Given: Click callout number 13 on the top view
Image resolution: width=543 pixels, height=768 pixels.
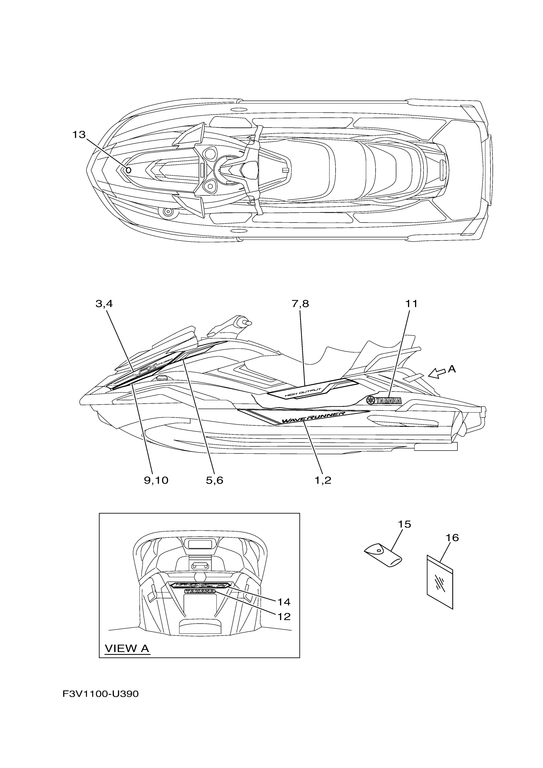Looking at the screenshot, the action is (x=79, y=135).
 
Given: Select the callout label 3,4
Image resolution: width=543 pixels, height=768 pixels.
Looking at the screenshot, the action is (x=104, y=304).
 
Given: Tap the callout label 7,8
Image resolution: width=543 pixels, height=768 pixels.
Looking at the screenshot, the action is (x=300, y=304).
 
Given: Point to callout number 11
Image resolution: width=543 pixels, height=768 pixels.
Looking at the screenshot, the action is (x=411, y=304).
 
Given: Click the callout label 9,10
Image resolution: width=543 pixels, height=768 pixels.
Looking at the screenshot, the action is (x=156, y=480).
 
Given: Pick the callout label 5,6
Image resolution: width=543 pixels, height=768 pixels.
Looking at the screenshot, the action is (x=214, y=480).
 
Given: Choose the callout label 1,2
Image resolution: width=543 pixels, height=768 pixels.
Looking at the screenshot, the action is (x=323, y=480).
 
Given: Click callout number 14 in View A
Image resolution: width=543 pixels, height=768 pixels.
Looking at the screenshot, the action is (x=284, y=602).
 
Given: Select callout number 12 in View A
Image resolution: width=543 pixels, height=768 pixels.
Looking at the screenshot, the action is (x=284, y=616).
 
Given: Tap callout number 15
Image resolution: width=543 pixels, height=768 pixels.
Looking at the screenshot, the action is (x=404, y=524).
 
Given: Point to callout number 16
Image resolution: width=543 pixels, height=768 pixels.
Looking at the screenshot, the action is (x=452, y=538).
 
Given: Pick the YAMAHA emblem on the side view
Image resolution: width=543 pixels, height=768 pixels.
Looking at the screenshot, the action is (x=385, y=400).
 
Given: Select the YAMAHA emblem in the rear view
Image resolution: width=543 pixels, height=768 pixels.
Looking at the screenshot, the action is (x=200, y=592).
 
